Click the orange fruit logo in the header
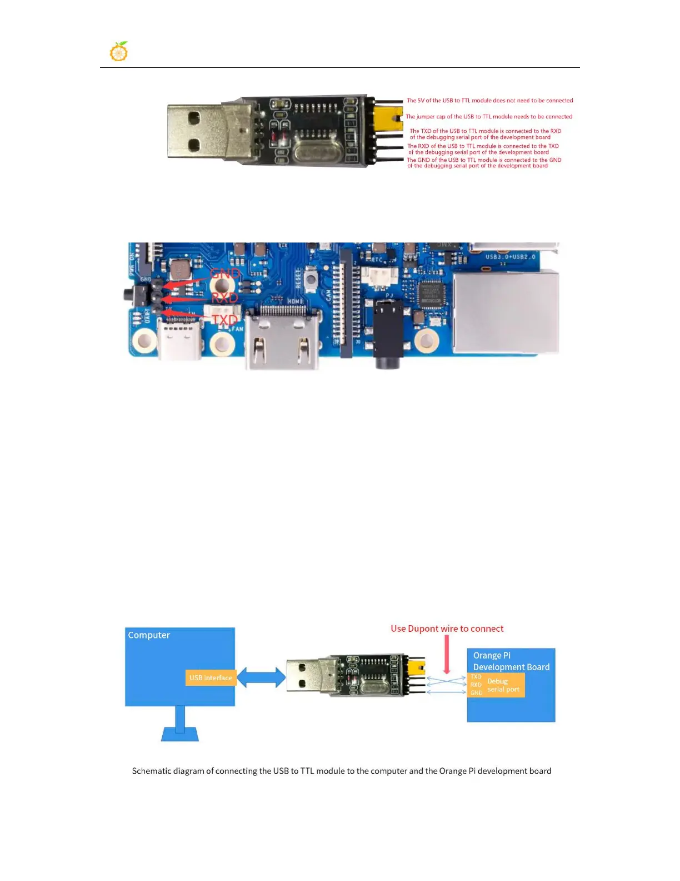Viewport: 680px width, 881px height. [x=119, y=51]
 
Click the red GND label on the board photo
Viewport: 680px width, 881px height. [x=225, y=274]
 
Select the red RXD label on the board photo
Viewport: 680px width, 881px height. [x=224, y=298]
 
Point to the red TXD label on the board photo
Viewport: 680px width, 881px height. [x=224, y=320]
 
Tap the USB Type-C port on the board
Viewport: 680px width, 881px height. [x=179, y=339]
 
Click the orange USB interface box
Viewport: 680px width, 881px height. [x=211, y=677]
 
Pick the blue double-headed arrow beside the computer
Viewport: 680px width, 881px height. [x=261, y=678]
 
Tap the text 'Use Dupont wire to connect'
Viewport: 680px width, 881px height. [x=447, y=628]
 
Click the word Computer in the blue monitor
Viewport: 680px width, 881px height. [x=149, y=635]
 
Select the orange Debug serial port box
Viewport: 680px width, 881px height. [x=497, y=685]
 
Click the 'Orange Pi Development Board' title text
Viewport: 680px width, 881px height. [x=511, y=661]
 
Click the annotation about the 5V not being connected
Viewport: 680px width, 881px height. [x=489, y=101]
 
